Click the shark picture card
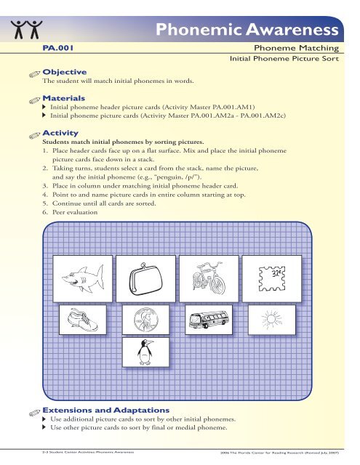point(76,279)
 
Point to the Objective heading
point(65,72)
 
